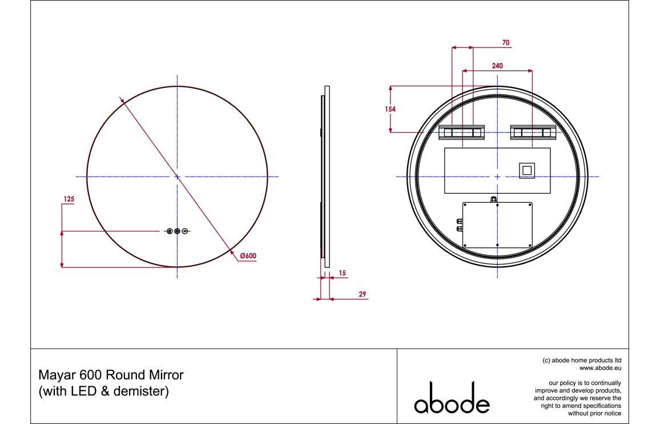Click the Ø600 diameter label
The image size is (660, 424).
(x=248, y=257)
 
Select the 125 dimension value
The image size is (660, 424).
(x=69, y=199)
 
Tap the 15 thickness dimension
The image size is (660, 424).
(x=342, y=274)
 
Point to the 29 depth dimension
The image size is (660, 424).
(x=362, y=294)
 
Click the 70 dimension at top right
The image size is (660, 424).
(x=506, y=43)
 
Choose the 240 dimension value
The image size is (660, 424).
(x=497, y=66)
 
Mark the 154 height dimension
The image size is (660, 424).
(x=391, y=109)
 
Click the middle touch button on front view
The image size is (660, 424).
(x=177, y=231)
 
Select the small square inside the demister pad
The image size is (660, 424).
(x=526, y=170)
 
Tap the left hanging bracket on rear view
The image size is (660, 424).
(x=461, y=133)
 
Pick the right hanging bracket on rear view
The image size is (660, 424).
(x=533, y=133)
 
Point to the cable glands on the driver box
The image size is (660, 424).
(x=458, y=223)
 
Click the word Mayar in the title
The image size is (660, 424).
(x=54, y=375)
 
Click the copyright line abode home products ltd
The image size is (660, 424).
(x=582, y=361)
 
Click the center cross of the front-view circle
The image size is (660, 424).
(x=177, y=177)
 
